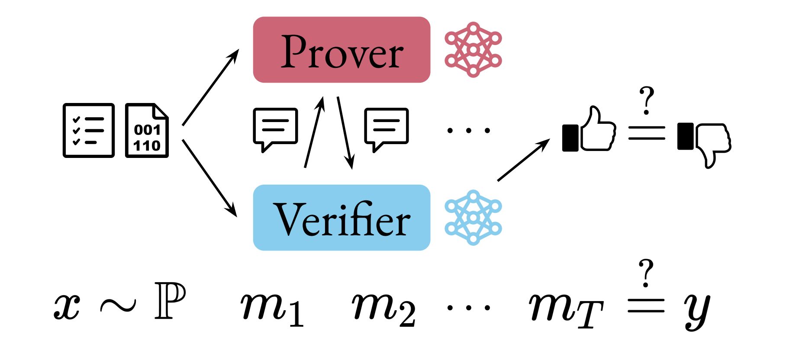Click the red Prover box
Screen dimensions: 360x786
click(341, 50)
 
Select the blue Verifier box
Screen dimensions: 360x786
click(341, 218)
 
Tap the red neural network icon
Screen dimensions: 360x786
click(473, 50)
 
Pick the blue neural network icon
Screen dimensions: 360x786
click(473, 218)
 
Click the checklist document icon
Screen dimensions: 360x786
click(89, 130)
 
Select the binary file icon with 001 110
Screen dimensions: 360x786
click(147, 130)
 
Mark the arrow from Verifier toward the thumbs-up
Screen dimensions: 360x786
click(523, 160)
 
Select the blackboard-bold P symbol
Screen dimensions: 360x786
click(170, 301)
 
